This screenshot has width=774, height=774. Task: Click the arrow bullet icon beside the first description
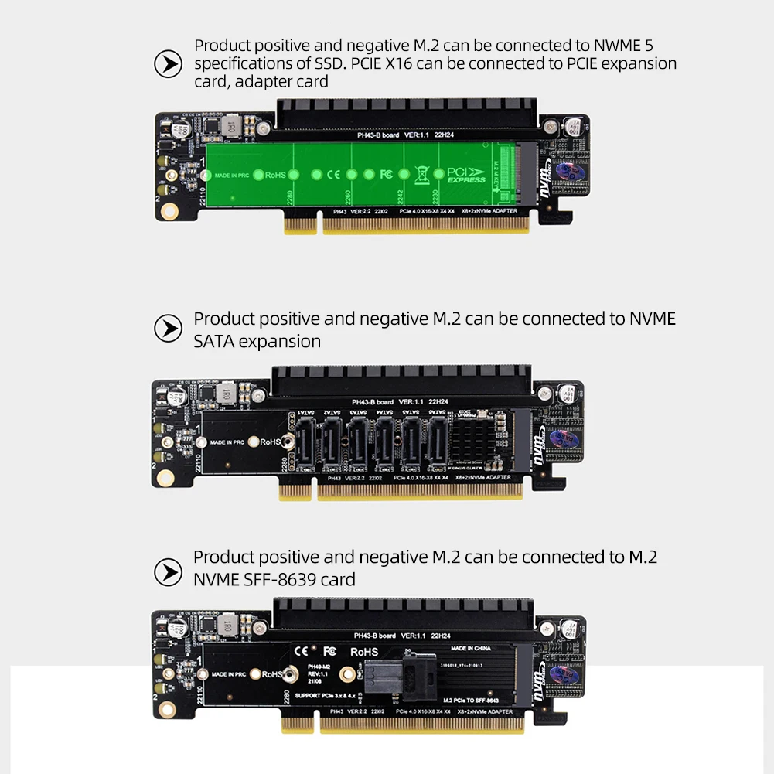click(x=168, y=64)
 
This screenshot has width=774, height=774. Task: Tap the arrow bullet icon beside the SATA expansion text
click(x=168, y=329)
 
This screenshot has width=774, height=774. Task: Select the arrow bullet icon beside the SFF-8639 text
click(x=168, y=572)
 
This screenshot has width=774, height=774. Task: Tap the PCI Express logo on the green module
click(x=466, y=175)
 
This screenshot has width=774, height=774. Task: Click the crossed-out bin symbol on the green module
click(x=421, y=175)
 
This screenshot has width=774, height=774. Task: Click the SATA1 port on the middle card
click(x=304, y=442)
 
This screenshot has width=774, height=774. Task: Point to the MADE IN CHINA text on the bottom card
click(x=471, y=648)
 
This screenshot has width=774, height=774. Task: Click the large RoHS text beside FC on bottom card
click(x=365, y=652)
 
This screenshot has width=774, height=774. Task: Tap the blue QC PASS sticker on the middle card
click(x=565, y=442)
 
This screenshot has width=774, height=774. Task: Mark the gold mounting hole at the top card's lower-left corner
click(x=165, y=210)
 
